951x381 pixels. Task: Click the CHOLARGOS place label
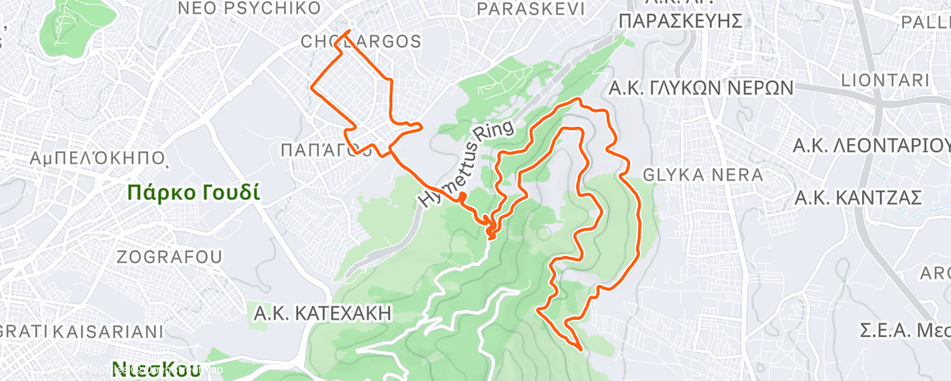tap(360, 42)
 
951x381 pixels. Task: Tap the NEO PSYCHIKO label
tap(237, 9)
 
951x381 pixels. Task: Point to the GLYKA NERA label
tap(703, 176)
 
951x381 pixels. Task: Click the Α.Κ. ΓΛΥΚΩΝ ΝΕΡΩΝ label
tap(701, 88)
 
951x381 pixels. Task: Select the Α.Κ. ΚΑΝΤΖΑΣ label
tap(857, 199)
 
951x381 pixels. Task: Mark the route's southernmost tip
tap(581, 348)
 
